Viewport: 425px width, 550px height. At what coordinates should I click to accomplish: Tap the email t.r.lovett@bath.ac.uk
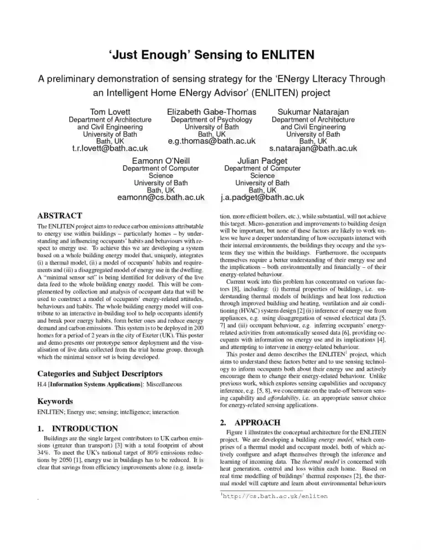click(x=110, y=148)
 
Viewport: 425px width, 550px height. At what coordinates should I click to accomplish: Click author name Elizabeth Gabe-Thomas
click(x=211, y=112)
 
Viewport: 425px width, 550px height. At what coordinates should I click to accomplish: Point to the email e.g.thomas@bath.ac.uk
click(x=211, y=141)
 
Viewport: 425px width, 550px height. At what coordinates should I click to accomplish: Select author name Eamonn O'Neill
click(x=161, y=160)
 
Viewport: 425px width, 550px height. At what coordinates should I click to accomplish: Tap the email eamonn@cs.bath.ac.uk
click(x=161, y=197)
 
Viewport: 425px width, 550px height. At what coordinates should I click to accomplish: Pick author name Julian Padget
click(x=262, y=160)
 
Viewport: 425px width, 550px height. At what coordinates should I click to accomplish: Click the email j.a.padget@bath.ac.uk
click(x=262, y=197)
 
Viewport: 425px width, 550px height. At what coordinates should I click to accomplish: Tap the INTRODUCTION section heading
click(x=85, y=428)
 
